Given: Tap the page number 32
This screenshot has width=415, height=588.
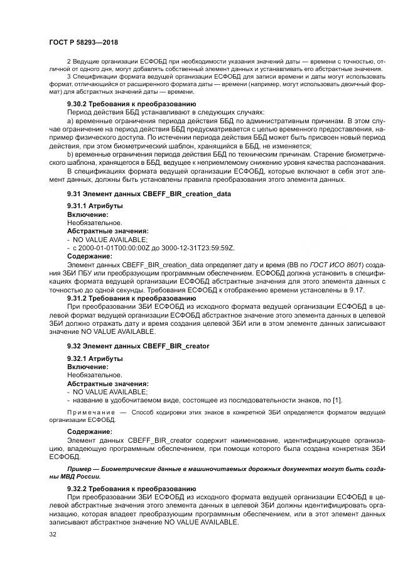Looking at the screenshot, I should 52,534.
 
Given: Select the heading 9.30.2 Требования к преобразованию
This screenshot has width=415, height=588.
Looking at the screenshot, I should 131,103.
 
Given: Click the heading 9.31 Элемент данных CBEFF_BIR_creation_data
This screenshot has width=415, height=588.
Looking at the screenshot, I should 149,194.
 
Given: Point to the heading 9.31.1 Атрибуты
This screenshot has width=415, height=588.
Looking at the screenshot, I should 95,206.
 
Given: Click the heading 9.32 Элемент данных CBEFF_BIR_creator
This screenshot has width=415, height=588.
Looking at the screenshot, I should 138,346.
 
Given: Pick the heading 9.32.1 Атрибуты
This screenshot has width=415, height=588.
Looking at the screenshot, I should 95,358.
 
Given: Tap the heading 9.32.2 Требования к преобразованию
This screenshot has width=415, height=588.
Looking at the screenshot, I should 131,488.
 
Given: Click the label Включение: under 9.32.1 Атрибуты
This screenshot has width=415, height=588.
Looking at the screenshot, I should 87,367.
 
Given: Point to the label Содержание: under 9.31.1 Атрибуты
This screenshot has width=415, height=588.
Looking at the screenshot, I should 90,257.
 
